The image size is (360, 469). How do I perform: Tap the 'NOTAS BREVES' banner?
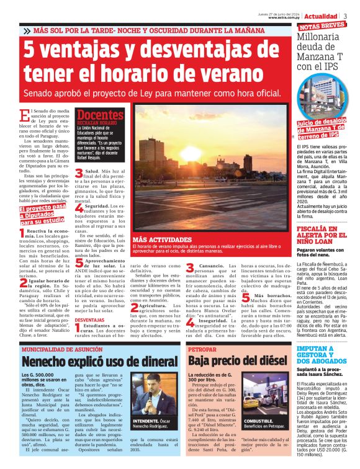(x=322, y=25)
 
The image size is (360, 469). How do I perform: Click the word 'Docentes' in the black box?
(x=100, y=115)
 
